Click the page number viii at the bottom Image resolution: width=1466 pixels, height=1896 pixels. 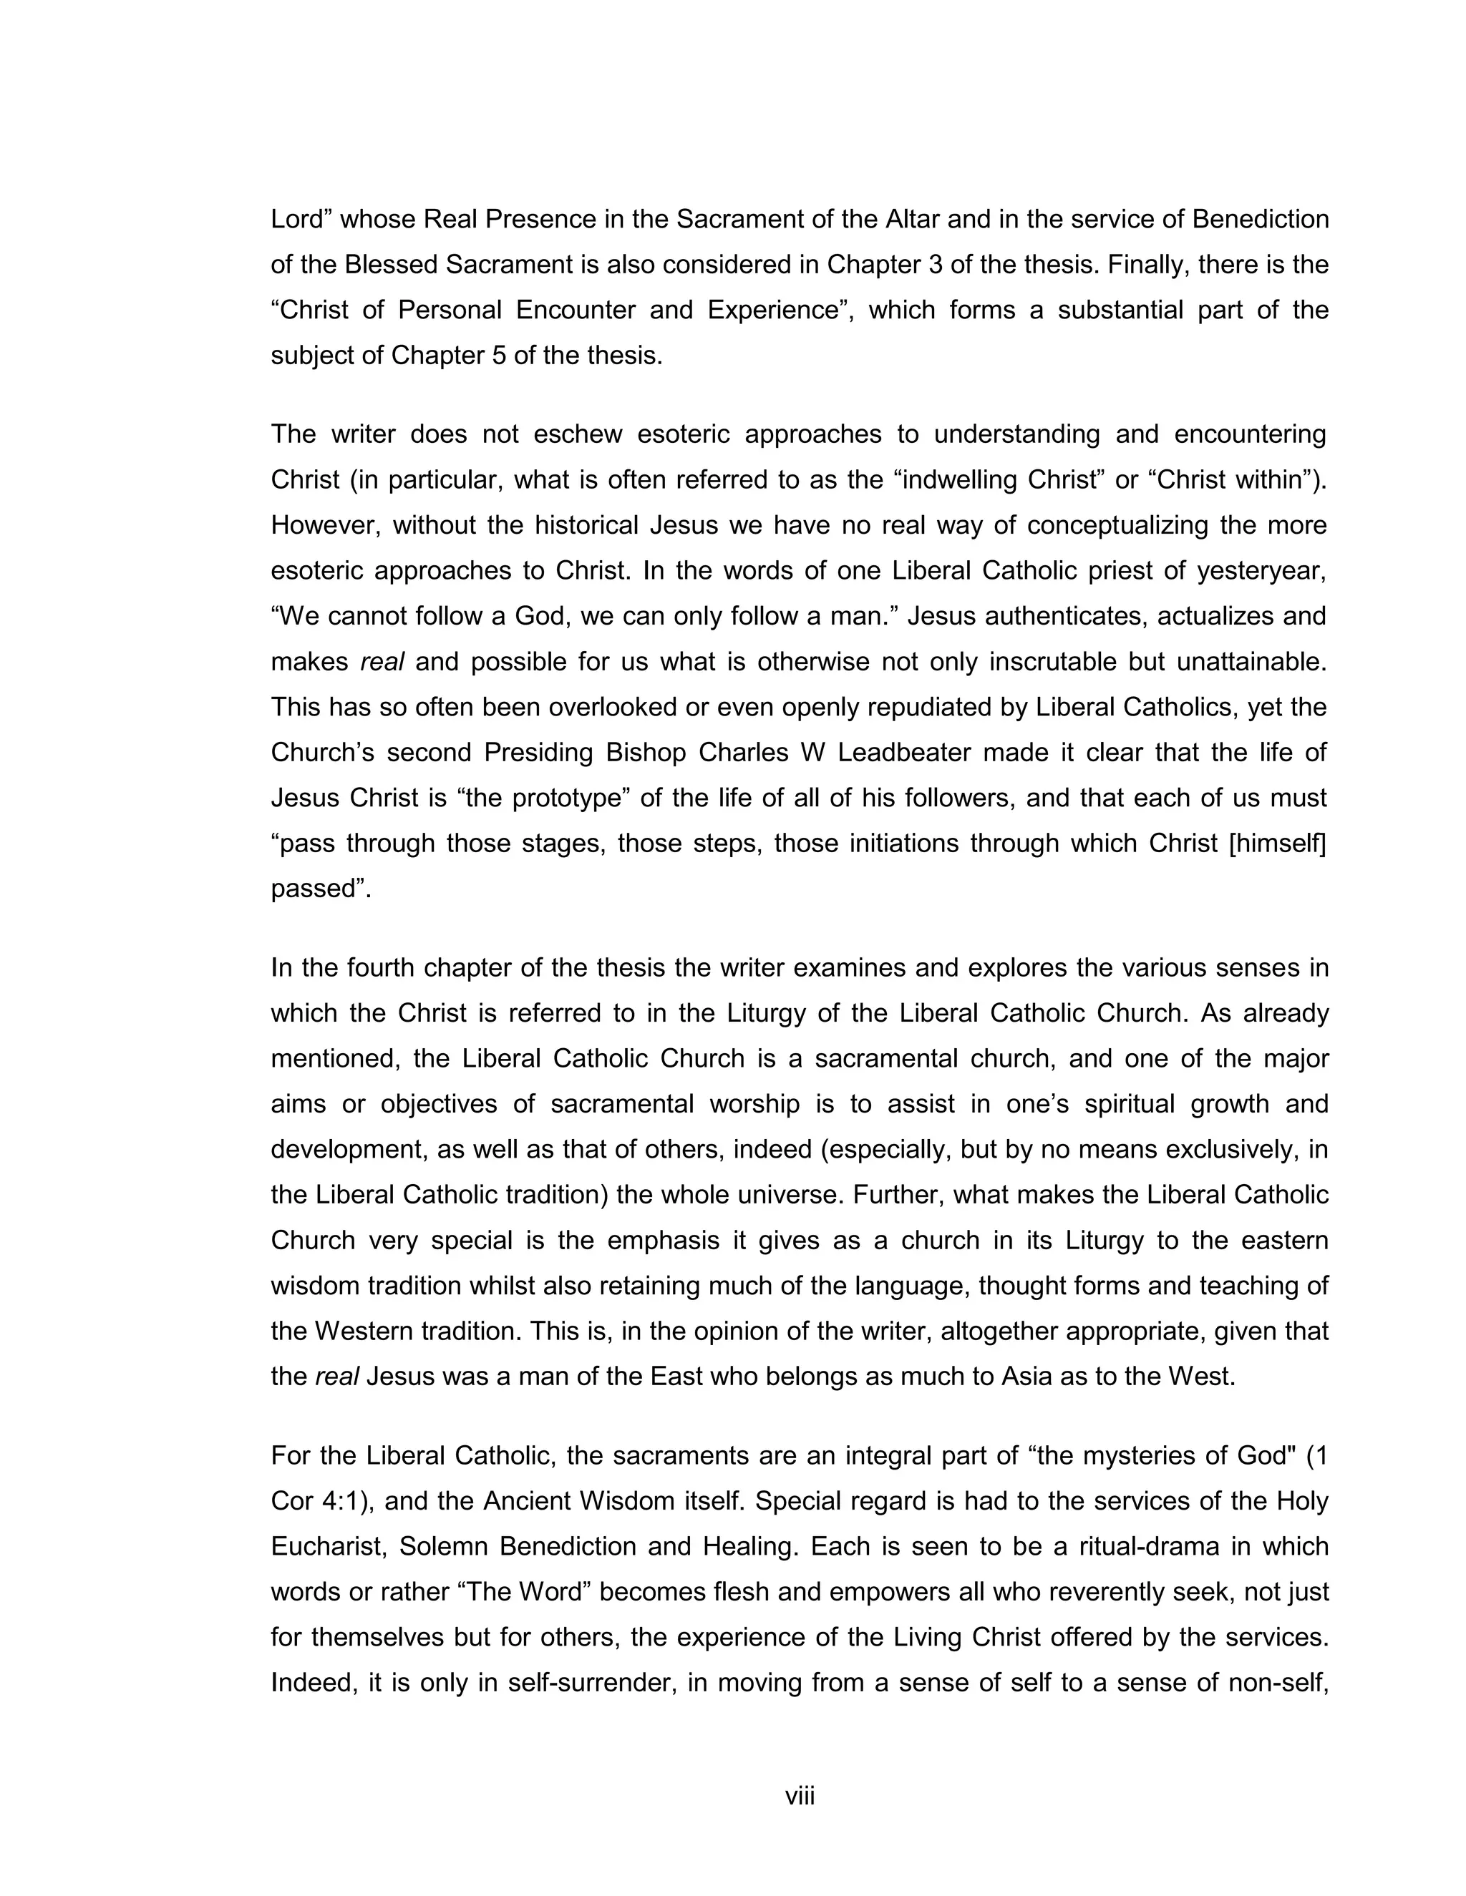click(800, 1796)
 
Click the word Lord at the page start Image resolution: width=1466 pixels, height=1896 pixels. click(296, 220)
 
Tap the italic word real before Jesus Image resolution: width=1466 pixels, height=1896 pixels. click(337, 1377)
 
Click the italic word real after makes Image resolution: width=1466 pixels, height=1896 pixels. click(382, 663)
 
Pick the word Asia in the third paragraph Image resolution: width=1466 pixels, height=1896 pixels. click(1027, 1377)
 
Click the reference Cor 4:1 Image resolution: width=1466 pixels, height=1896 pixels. click(317, 1501)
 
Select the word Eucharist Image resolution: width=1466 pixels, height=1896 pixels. click(326, 1547)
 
